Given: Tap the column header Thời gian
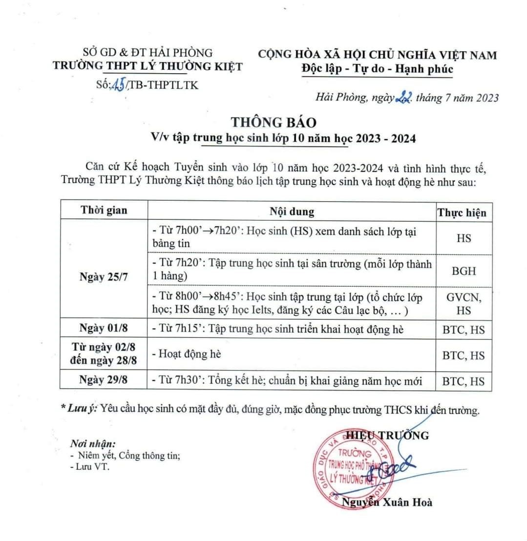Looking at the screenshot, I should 104,210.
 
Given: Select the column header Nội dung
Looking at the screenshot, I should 292,211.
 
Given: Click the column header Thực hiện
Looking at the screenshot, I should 462,212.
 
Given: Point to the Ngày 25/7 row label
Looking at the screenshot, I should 104,277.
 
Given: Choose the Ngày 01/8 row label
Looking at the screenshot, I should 104,329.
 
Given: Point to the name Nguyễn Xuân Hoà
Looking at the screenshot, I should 387,502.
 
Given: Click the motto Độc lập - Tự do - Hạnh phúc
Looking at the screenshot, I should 377,69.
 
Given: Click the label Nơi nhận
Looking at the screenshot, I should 93,444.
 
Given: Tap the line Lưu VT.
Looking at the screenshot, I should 91,467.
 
